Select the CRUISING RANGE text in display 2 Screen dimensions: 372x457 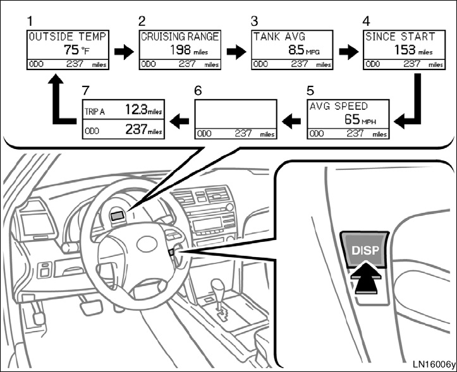[180, 37]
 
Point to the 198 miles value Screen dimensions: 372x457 [190, 50]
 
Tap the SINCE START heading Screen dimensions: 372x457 [400, 37]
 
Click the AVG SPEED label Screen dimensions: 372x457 [338, 106]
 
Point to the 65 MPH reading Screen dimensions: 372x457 [360, 119]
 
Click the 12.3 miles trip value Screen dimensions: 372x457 [143, 111]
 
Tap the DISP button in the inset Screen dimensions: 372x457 [365, 251]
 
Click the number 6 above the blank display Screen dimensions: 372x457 [198, 90]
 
